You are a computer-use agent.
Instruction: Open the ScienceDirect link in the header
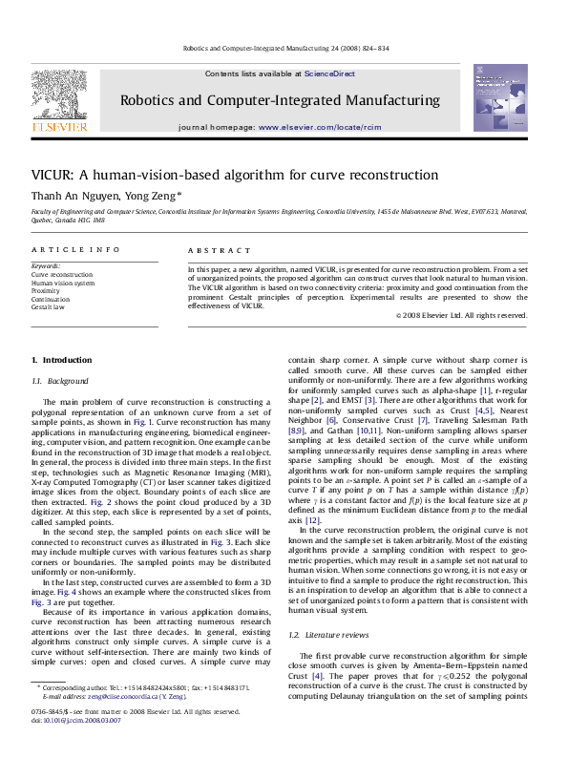tap(329, 74)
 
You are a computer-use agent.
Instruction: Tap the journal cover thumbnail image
tap(500, 98)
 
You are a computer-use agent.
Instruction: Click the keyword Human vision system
tap(63, 283)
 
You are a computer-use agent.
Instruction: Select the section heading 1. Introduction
tap(62, 360)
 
